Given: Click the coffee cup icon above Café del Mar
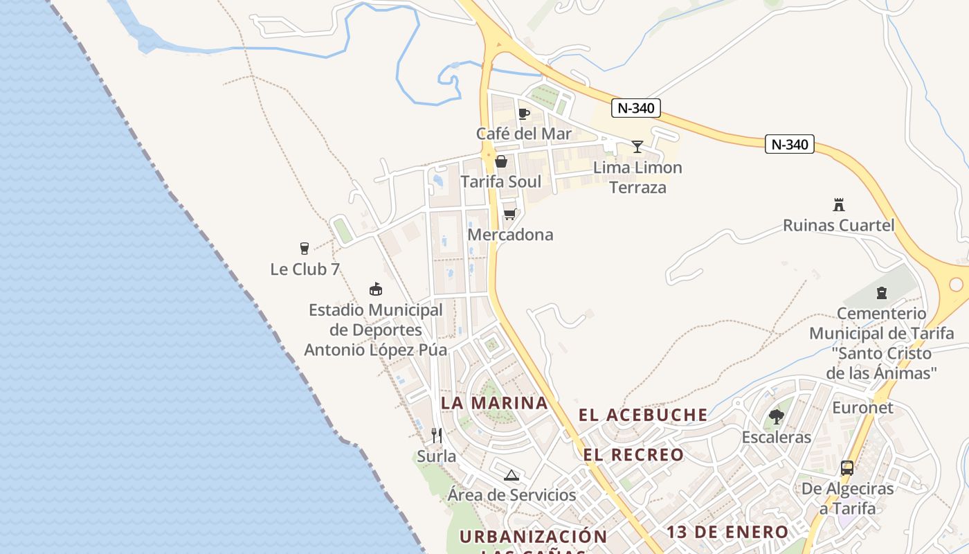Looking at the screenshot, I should pyautogui.click(x=524, y=114).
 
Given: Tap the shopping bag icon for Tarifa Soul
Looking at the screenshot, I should pyautogui.click(x=501, y=162).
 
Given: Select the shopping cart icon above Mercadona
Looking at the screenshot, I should pyautogui.click(x=510, y=214).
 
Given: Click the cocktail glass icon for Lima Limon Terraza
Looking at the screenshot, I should pyautogui.click(x=637, y=147).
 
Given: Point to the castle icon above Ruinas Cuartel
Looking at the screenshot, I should pyautogui.click(x=839, y=205).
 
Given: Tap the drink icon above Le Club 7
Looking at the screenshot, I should pyautogui.click(x=304, y=249).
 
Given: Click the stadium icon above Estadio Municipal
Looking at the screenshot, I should pyautogui.click(x=376, y=289).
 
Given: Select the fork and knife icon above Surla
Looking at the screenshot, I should pyautogui.click(x=437, y=436).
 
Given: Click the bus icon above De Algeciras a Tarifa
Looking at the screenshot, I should pyautogui.click(x=847, y=468).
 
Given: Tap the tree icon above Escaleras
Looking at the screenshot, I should pyautogui.click(x=777, y=417).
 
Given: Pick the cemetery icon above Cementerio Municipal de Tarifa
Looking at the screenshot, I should pyautogui.click(x=881, y=293).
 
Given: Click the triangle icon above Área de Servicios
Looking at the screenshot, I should pyautogui.click(x=511, y=475).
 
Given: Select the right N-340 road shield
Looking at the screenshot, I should pyautogui.click(x=790, y=145).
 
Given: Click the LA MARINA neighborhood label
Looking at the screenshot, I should pyautogui.click(x=494, y=403).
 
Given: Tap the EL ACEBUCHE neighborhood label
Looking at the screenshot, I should pyautogui.click(x=643, y=415).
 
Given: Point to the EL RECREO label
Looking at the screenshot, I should pyautogui.click(x=633, y=455).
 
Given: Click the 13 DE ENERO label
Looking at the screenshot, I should pyautogui.click(x=727, y=532).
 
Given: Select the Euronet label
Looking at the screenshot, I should pyautogui.click(x=862, y=407).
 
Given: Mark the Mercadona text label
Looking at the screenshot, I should pyautogui.click(x=510, y=235).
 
